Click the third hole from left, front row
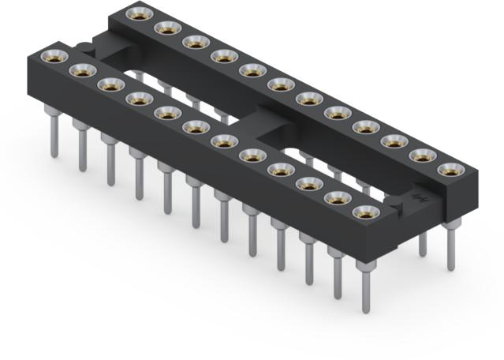point(107,84)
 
